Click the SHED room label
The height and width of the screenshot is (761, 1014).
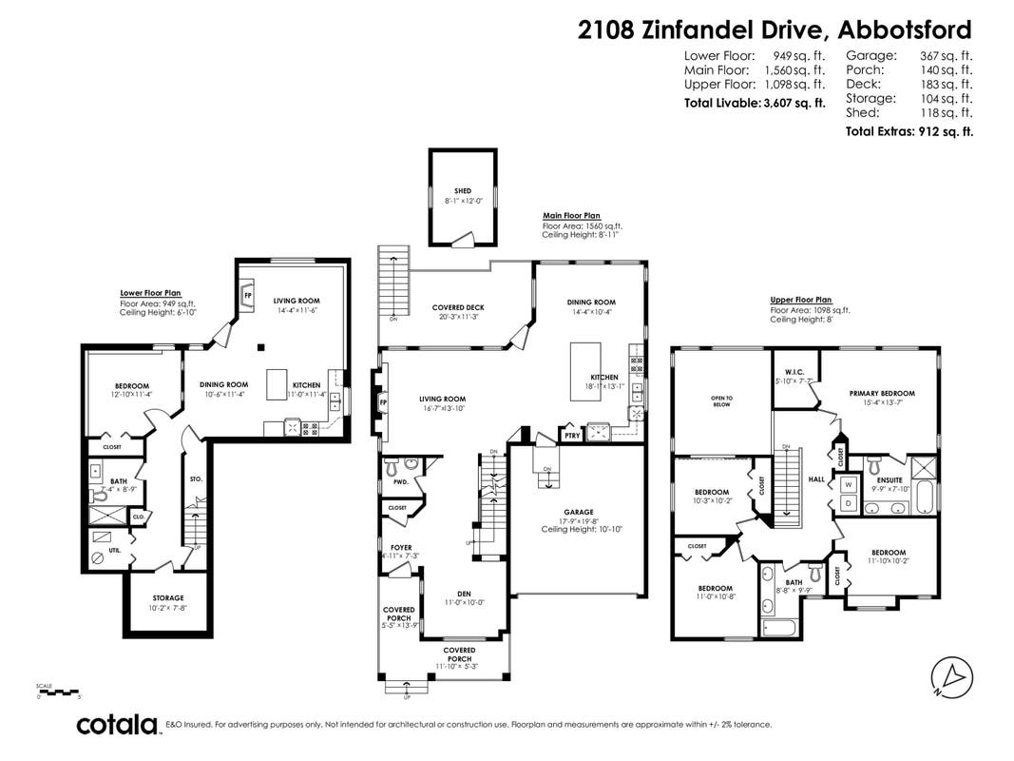point(463,191)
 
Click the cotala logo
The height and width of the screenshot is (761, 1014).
point(117,725)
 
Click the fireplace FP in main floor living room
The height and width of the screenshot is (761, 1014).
point(384,402)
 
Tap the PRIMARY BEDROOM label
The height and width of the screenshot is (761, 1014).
point(882,393)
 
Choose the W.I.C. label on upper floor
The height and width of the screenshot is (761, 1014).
point(795,372)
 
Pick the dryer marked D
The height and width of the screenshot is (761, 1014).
point(847,502)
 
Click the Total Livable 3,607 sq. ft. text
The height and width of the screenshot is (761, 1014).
point(755,103)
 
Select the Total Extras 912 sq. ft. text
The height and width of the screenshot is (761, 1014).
point(909,131)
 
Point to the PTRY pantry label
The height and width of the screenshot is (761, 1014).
point(571,436)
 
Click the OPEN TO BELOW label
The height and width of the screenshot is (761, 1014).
point(722,400)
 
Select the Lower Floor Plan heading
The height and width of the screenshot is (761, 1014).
point(150,293)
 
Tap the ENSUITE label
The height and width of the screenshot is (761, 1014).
point(890,480)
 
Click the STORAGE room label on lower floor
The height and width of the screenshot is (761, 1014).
point(168,597)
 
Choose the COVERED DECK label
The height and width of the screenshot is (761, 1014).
point(458,307)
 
